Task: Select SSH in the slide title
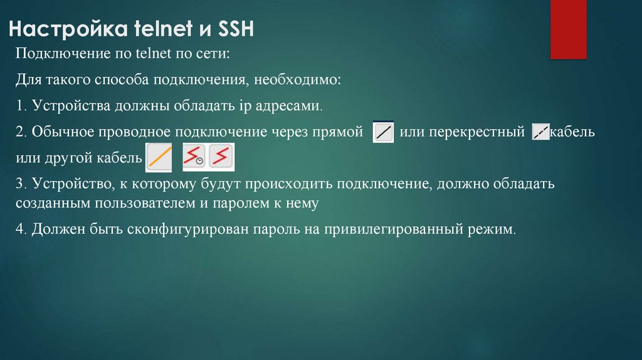[x=233, y=29]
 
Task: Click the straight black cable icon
[x=383, y=132]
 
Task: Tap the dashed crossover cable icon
[x=540, y=132]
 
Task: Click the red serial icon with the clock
[x=194, y=157]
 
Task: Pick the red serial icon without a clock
[x=221, y=157]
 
